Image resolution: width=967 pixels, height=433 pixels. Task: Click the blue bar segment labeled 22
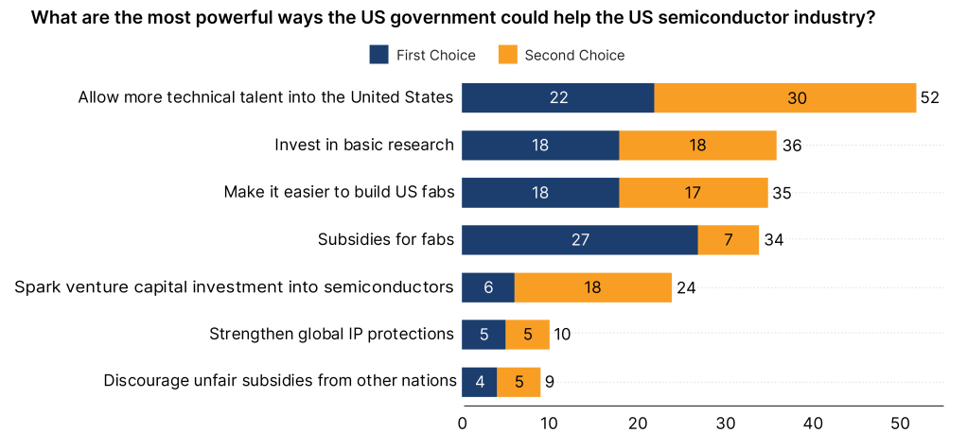[557, 98]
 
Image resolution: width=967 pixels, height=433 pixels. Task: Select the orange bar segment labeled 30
[785, 98]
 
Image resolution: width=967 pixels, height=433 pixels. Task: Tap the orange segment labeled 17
[694, 193]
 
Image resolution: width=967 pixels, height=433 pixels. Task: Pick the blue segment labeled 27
[579, 240]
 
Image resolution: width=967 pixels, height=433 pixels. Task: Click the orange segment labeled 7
[729, 240]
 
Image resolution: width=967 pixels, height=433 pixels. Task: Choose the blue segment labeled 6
[487, 287]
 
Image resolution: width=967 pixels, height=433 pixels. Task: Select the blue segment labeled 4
[479, 382]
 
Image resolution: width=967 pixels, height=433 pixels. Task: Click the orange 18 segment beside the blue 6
[593, 287]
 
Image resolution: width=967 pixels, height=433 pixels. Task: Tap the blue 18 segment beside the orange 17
[540, 193]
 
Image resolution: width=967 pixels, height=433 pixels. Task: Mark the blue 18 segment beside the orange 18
[540, 146]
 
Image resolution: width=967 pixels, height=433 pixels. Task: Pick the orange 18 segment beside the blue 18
[698, 146]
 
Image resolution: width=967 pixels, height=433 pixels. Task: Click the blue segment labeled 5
[483, 335]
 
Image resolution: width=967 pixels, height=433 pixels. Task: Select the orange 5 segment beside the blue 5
[528, 335]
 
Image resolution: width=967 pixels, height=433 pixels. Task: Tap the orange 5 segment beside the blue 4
[519, 382]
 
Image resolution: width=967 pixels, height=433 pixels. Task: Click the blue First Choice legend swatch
[378, 55]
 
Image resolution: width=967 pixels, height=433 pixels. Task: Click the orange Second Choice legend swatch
[507, 55]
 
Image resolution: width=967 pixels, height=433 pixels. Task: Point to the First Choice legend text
[436, 55]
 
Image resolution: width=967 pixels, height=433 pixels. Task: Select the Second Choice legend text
[574, 55]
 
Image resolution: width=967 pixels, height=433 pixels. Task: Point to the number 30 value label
[797, 98]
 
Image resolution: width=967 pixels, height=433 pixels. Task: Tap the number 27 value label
[580, 240]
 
